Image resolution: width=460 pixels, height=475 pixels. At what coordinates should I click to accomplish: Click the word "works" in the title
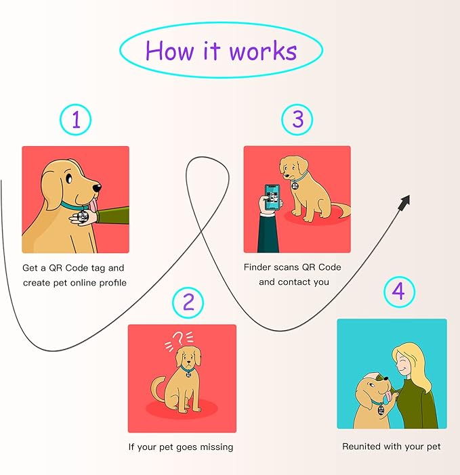[263, 51]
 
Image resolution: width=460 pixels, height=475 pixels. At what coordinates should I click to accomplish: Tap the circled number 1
[75, 119]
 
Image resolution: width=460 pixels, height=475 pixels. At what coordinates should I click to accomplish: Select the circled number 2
[188, 302]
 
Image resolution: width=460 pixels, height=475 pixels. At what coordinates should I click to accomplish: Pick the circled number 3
[297, 119]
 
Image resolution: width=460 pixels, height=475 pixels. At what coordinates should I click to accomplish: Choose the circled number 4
[399, 292]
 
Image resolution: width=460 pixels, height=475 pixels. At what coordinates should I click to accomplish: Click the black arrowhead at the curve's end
[405, 202]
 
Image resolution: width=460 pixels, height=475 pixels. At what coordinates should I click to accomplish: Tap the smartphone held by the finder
[272, 198]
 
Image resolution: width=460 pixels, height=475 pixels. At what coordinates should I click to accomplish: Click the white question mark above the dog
[178, 338]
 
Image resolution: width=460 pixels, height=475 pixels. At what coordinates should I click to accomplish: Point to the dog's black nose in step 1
[98, 188]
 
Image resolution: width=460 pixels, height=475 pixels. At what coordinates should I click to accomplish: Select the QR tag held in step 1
[83, 217]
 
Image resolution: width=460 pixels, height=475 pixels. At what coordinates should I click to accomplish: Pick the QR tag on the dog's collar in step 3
[295, 185]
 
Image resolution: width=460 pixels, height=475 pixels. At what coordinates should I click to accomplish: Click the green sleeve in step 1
[113, 215]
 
